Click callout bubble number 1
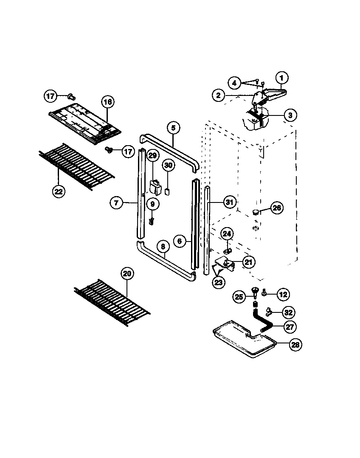coord(282,78)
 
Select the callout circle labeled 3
coord(290,115)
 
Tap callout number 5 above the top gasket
coord(173,127)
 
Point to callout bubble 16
coord(107,102)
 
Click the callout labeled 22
coord(59,191)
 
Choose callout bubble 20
coord(126,274)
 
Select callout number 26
coord(277,208)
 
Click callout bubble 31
coord(229,203)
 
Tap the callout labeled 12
coord(284,293)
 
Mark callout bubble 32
coord(288,313)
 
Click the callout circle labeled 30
coord(168,165)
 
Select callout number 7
coord(116,203)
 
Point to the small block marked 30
coord(168,191)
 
